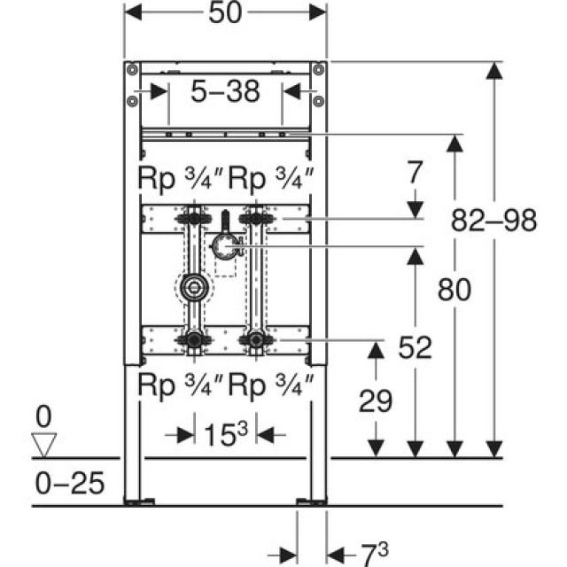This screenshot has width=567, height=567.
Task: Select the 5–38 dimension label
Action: point(224,89)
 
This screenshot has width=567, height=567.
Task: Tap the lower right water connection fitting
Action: point(256,338)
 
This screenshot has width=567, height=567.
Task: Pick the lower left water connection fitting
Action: point(192,338)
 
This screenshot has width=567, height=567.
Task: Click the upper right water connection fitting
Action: point(256,217)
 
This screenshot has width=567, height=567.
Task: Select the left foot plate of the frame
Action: point(135,501)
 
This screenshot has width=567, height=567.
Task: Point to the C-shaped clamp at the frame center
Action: point(227,248)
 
